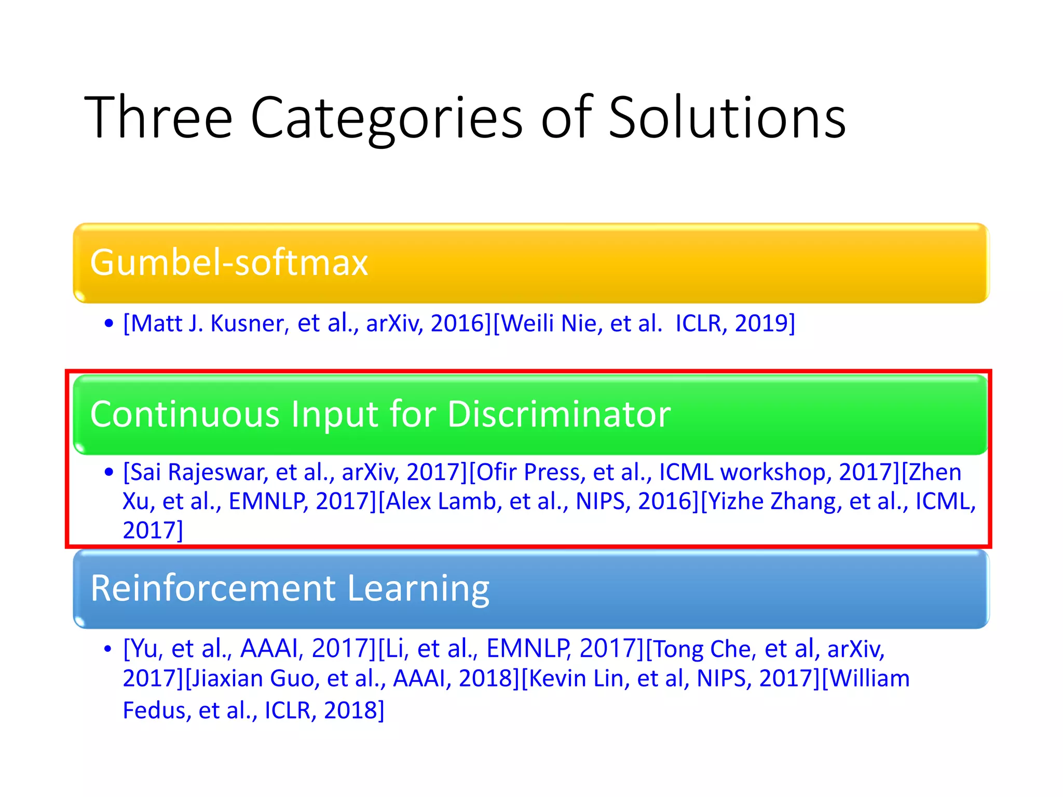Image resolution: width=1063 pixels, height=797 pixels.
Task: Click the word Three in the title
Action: coord(158,118)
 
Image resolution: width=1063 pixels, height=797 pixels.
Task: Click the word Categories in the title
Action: coord(387,118)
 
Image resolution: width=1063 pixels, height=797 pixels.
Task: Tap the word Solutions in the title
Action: coord(727,118)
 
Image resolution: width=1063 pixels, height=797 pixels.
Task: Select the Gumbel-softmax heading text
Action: coord(229,262)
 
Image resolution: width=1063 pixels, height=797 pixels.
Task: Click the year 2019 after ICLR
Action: coord(761,323)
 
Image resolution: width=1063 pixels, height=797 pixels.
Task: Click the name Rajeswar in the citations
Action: coord(217,472)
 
